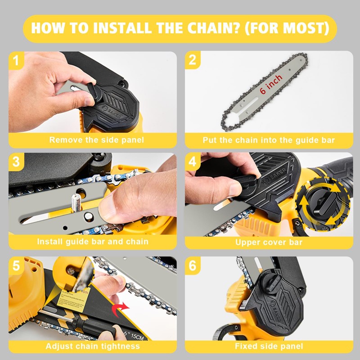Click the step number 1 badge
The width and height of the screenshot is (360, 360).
pos(16,60)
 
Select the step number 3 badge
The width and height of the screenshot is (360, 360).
pos(16,162)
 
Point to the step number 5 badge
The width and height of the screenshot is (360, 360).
pos(16,266)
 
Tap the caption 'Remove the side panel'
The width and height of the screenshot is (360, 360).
pos(97,140)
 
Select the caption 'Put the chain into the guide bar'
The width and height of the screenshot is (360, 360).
pos(269,140)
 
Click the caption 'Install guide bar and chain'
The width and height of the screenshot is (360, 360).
pos(93,242)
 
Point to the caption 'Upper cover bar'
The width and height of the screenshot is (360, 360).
pos(269,243)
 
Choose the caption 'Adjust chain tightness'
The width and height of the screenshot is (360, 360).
pos(93,346)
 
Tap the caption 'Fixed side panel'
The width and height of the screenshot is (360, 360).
pos(269,346)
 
